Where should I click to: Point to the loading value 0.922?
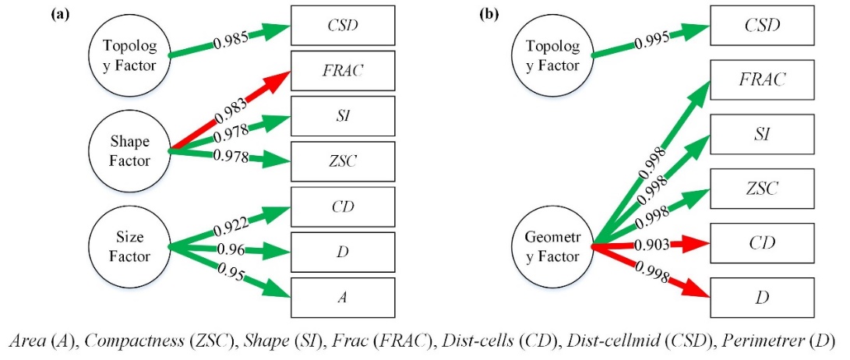click(x=231, y=224)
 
